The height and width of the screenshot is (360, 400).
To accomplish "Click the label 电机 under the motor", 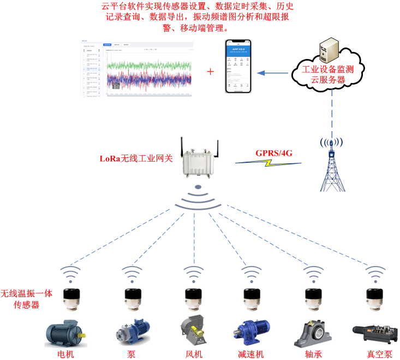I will (x=66, y=354).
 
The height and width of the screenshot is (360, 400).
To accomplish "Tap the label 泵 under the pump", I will (x=131, y=354).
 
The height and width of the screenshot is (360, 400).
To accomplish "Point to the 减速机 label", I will (x=251, y=354).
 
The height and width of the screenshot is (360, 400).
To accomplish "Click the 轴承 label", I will (x=313, y=354).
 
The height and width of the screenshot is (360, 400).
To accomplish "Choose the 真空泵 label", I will (x=379, y=354).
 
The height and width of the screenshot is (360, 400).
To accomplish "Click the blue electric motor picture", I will (x=64, y=333).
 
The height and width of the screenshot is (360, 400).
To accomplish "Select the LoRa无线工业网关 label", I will (x=136, y=159).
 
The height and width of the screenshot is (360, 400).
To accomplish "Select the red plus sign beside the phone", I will (x=211, y=72).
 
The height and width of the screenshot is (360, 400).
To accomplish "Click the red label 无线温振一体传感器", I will (x=26, y=299).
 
